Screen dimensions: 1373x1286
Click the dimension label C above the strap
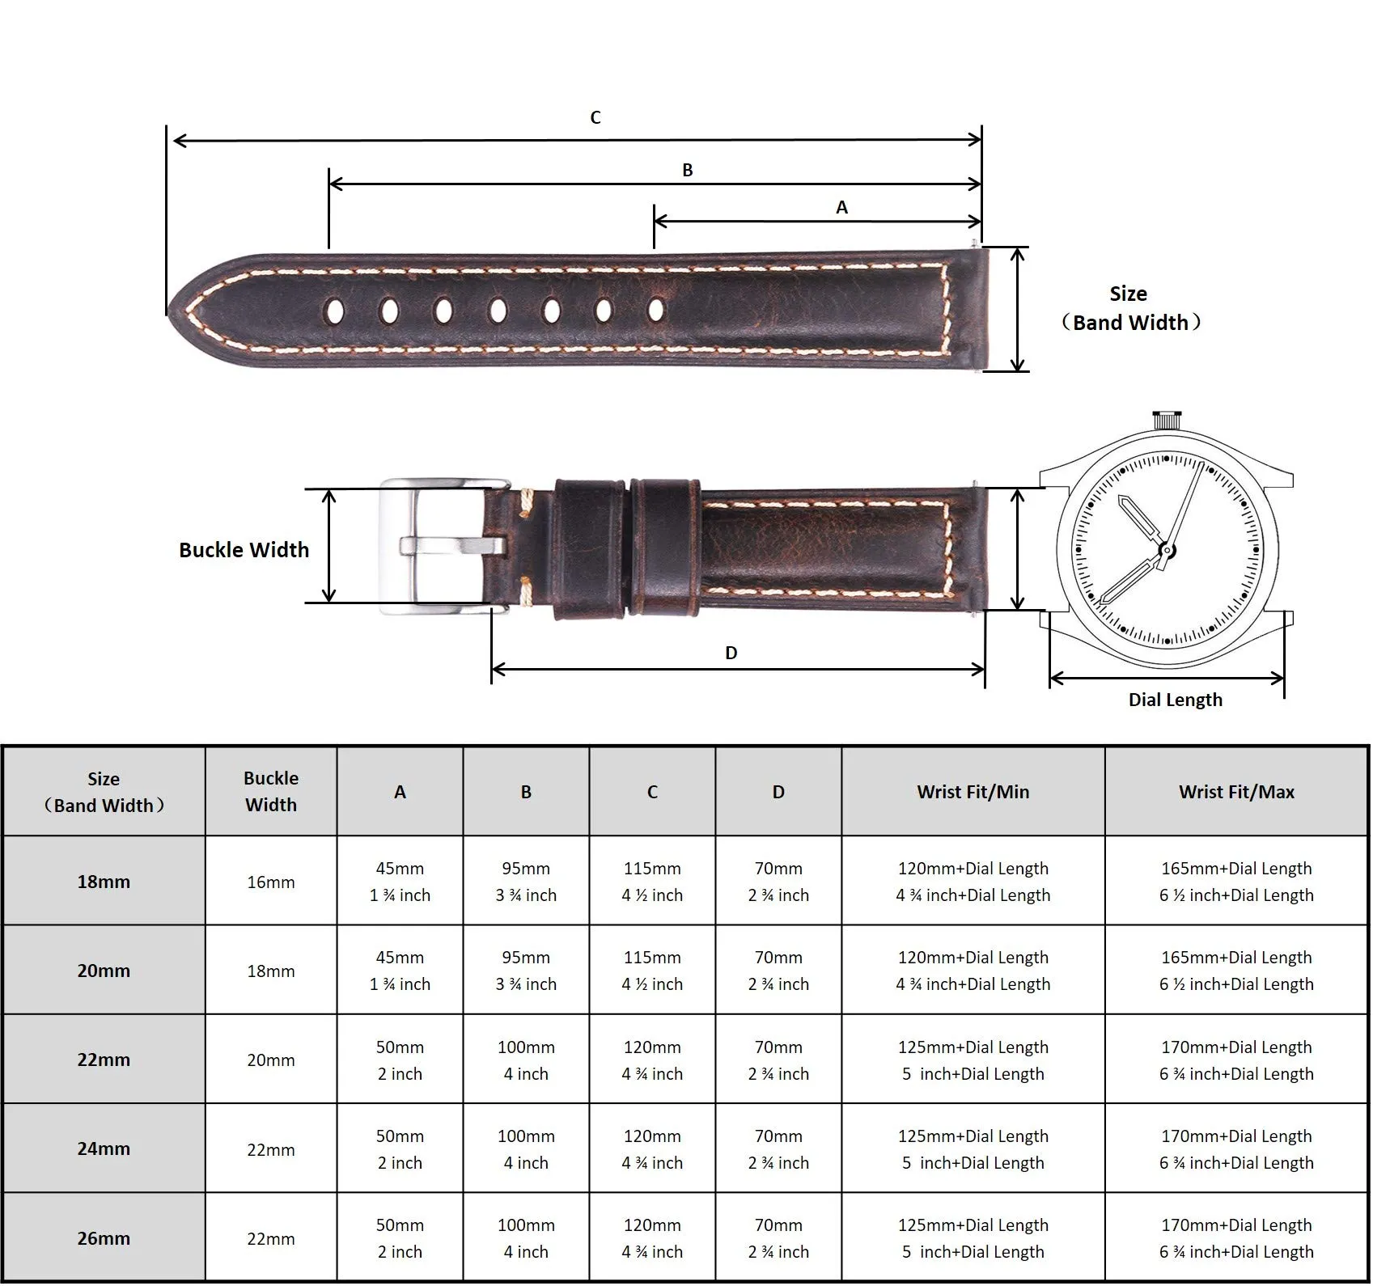coord(595,118)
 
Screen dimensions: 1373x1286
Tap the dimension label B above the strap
coord(688,171)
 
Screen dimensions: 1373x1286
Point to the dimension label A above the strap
coord(841,208)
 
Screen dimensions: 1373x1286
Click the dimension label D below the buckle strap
coord(731,654)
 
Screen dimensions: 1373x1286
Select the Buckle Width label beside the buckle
coord(244,550)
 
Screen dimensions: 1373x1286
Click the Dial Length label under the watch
coord(1176,700)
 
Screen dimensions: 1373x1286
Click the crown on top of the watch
coord(1164,421)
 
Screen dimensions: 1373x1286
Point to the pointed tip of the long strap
coord(168,313)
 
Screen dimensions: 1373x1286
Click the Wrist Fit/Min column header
coord(973,793)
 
